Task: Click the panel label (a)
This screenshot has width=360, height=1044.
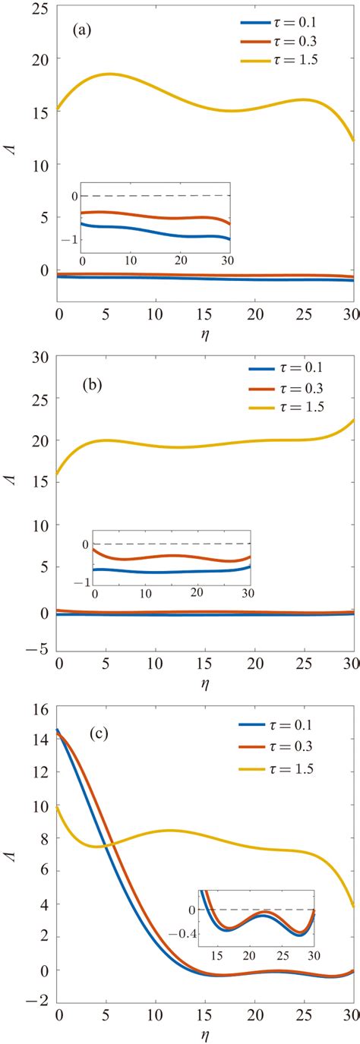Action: [84, 33]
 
